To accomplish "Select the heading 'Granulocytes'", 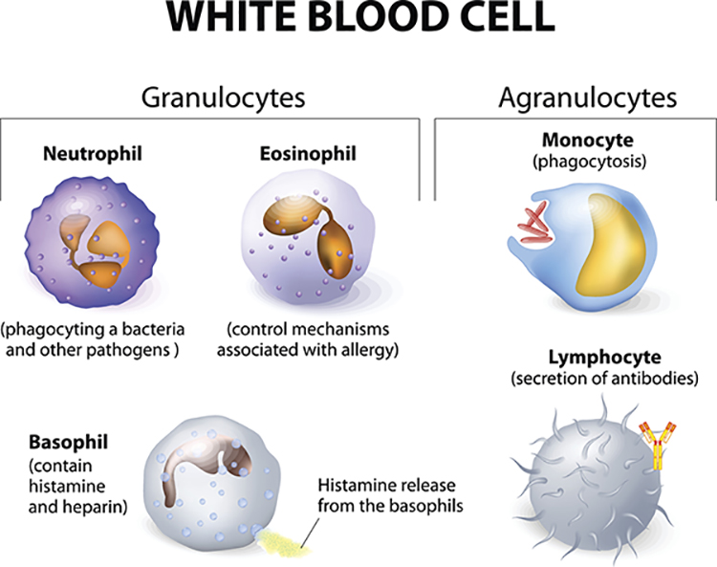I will pos(223,98).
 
